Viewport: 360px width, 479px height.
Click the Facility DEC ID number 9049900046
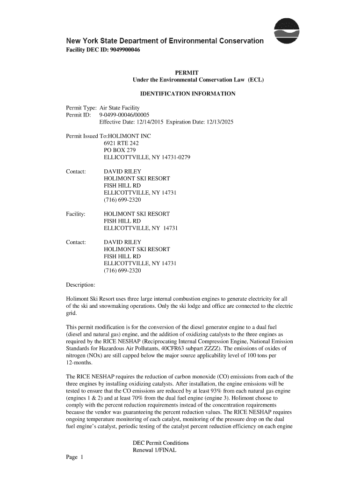(x=120, y=50)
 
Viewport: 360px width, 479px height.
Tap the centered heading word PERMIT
(x=187, y=73)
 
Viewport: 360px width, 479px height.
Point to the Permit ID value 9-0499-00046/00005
(x=124, y=115)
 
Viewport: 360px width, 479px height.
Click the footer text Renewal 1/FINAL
(x=154, y=450)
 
